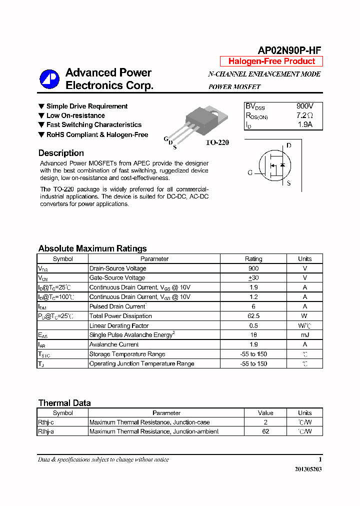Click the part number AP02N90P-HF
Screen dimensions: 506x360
(x=289, y=50)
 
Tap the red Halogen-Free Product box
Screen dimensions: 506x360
(x=271, y=61)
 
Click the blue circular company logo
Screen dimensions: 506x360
(x=49, y=79)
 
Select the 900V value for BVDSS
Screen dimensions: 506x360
(x=304, y=106)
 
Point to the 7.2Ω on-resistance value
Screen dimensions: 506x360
(x=304, y=115)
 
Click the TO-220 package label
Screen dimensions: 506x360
(x=217, y=142)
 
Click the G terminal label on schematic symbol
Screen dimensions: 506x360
(x=250, y=173)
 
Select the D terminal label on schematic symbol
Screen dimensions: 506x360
(x=288, y=146)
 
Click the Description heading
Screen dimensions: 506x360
(x=61, y=153)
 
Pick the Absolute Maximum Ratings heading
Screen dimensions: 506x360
(x=92, y=248)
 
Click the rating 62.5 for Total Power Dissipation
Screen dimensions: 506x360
(x=253, y=316)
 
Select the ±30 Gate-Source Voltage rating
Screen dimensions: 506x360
(x=253, y=278)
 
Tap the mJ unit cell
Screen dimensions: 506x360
(x=304, y=335)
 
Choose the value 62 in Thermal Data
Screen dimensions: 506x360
(x=265, y=431)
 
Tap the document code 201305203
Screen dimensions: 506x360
(x=308, y=470)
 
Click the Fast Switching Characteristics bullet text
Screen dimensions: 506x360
(x=93, y=125)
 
